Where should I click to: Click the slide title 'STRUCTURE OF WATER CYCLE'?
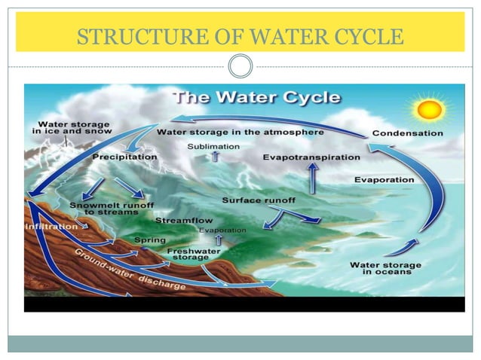click(x=240, y=35)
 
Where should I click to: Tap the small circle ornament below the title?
click(x=240, y=67)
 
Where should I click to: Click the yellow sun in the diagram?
click(x=430, y=110)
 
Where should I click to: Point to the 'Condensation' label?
click(x=407, y=133)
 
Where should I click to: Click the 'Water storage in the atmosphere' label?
click(x=240, y=132)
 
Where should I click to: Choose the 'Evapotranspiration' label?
click(x=311, y=157)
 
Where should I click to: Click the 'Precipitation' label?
click(x=124, y=157)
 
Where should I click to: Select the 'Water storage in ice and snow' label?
click(x=72, y=127)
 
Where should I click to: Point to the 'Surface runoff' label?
click(x=259, y=200)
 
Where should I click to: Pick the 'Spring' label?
click(x=149, y=240)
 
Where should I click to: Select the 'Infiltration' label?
click(x=51, y=226)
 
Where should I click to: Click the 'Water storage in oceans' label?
click(x=381, y=267)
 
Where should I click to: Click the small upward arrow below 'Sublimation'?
click(x=214, y=157)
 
